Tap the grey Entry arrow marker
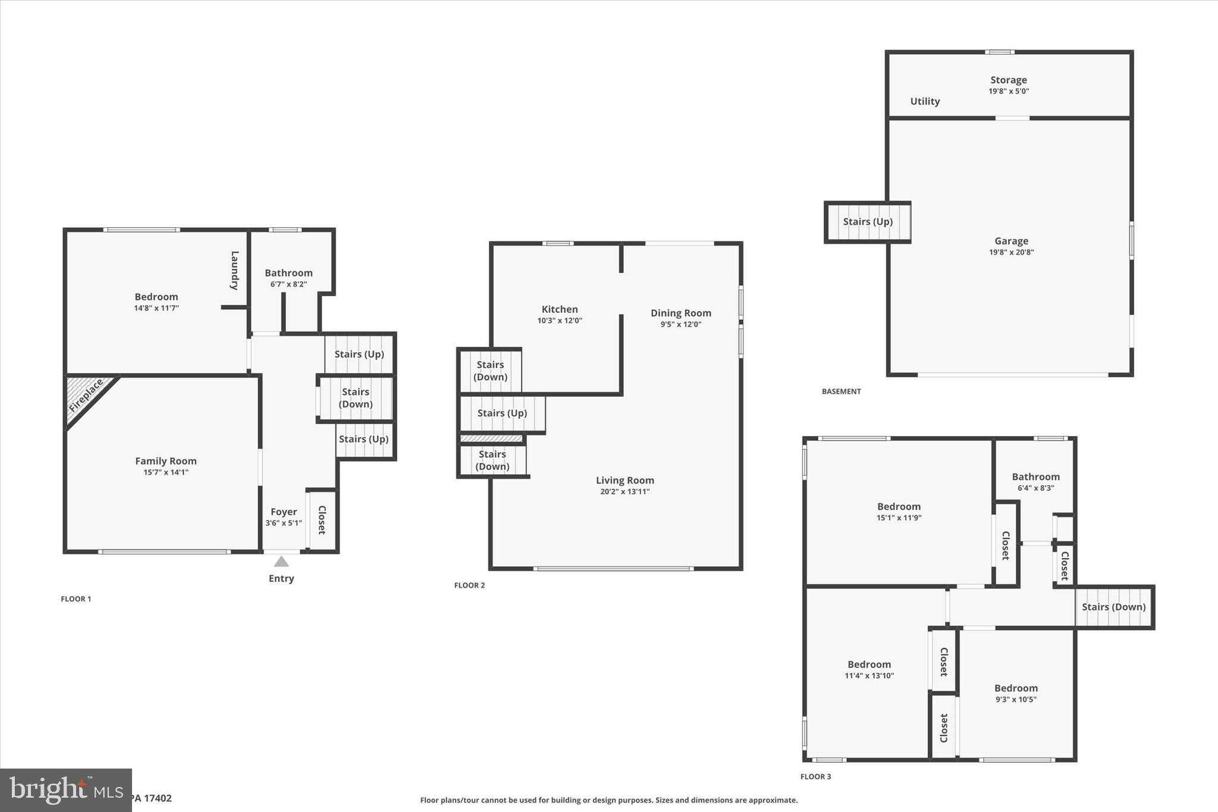[x=281, y=562]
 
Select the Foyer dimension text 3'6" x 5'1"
[x=284, y=523]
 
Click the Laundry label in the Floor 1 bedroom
[x=235, y=271]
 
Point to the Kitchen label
[x=560, y=309]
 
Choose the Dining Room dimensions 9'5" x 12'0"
[x=681, y=325]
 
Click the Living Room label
[x=625, y=480]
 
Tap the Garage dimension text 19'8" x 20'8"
[x=1012, y=252]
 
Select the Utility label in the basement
[x=925, y=102]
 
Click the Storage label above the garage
[x=1009, y=80]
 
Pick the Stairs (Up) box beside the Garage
[x=868, y=222]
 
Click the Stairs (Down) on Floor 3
[x=1114, y=607]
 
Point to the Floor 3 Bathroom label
[x=1036, y=476]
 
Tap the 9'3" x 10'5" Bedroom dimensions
[x=1016, y=700]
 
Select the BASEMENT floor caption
[x=842, y=391]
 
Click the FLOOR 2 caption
[x=470, y=585]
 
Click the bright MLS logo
[x=66, y=790]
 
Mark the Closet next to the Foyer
[x=322, y=520]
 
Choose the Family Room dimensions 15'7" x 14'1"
[x=166, y=472]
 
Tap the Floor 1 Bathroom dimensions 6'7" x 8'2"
[x=289, y=284]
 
